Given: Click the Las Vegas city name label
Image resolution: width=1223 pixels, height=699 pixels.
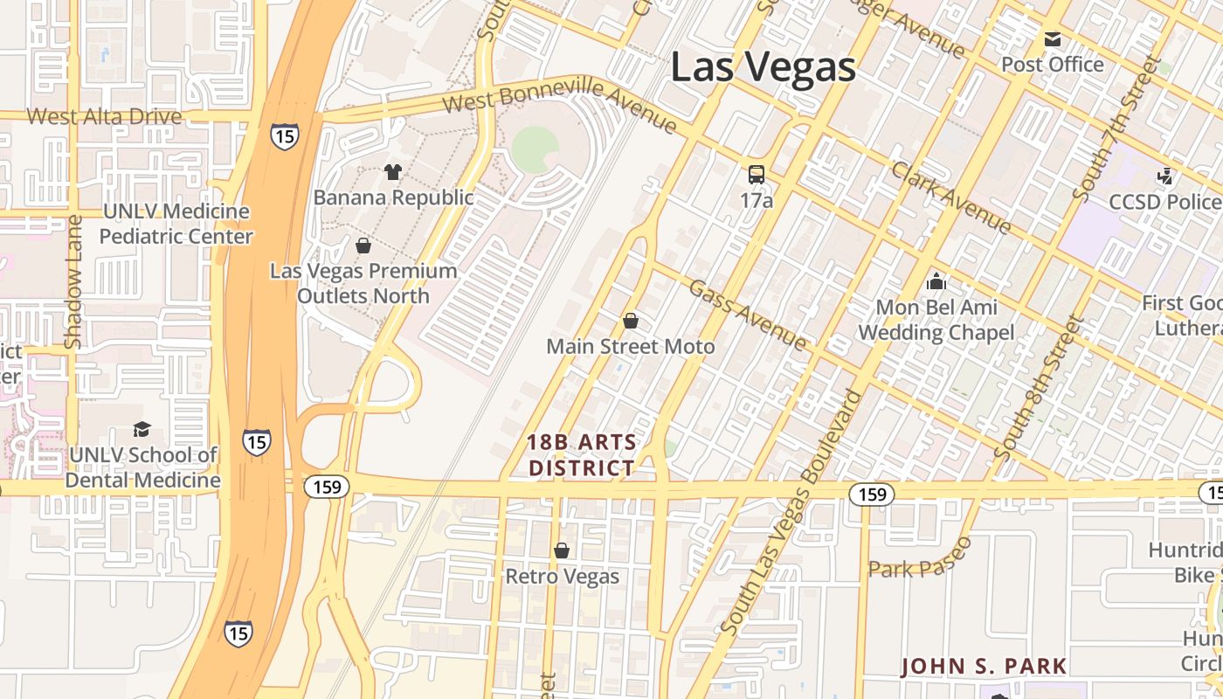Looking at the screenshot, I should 763,67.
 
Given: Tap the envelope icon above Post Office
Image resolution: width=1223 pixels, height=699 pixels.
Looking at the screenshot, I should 1052,39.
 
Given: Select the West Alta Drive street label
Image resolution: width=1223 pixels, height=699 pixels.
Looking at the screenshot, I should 104,116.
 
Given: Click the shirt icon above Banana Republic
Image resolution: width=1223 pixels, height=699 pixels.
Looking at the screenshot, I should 393,172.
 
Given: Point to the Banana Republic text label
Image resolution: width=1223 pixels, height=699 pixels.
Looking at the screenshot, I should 393,197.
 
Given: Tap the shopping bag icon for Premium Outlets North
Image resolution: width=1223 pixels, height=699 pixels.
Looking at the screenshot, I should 363,246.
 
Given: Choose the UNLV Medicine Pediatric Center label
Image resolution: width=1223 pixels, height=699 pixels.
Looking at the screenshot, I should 176,224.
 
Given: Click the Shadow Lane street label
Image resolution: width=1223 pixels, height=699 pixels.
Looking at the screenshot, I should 73,281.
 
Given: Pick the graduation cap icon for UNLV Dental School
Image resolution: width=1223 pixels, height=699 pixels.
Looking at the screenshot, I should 142,429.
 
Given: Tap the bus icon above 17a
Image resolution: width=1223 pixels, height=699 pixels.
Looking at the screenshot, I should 757,175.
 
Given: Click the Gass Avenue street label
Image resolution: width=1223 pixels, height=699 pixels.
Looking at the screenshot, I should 747,315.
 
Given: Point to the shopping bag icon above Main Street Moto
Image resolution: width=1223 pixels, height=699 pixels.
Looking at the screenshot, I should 630,321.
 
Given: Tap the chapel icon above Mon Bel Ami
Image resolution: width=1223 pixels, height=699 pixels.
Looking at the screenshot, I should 936,281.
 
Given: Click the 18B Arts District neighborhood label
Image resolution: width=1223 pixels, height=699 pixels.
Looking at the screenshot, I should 582,455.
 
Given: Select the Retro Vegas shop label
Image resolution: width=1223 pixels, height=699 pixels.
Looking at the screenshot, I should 563,577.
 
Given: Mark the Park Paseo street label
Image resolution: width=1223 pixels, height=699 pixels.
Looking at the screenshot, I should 920,559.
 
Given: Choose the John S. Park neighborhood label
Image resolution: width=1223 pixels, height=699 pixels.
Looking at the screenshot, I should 984,666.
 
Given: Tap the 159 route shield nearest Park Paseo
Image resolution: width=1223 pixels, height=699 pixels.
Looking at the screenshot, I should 872,495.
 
